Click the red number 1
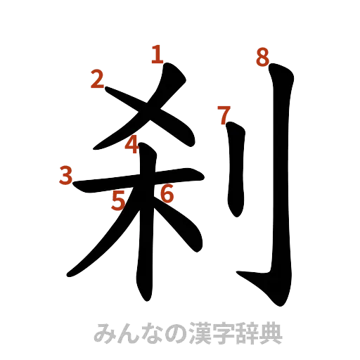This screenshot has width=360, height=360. pos(157,54)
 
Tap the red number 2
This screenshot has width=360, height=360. pos(98,80)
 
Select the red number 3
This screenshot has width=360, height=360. pos(66,175)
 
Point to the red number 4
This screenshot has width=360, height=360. pos(131,145)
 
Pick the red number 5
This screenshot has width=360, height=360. pos(119,201)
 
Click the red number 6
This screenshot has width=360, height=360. pos(166,193)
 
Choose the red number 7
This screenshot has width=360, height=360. pos(224,114)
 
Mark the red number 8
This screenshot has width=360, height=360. pos(262,58)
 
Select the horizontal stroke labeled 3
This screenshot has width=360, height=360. pos(105,188)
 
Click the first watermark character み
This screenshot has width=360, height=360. pos(102,334)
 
